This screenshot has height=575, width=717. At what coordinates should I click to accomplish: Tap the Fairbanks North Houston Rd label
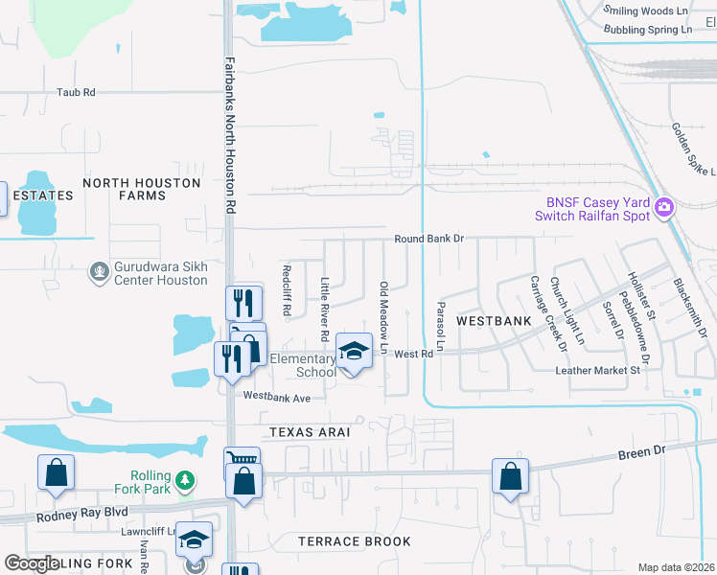click(230, 135)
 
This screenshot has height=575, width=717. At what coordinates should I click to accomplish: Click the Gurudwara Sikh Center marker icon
click(98, 272)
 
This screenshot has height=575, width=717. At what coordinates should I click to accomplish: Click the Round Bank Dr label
click(428, 238)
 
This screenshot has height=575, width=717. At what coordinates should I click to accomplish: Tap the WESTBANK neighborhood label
click(493, 320)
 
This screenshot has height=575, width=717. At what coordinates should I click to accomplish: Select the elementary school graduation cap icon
click(354, 352)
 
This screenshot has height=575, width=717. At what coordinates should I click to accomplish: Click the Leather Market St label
click(597, 370)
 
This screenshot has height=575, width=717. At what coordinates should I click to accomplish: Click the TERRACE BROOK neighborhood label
click(354, 541)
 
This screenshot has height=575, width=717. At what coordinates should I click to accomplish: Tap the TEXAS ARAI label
click(309, 432)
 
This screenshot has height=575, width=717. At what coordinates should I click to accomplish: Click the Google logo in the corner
click(32, 564)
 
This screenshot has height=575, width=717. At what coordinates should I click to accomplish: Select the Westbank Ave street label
click(277, 397)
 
